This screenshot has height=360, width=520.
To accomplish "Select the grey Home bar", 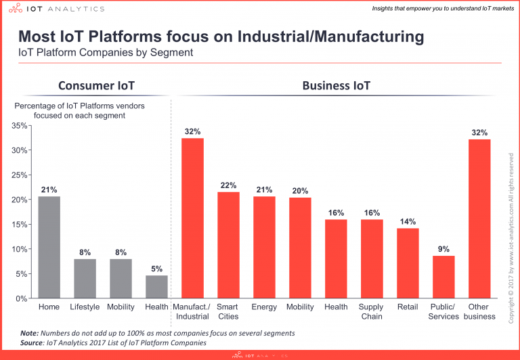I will [49, 247].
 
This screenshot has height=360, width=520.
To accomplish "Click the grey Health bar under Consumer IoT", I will [157, 286].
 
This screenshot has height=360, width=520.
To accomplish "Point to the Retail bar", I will [408, 263].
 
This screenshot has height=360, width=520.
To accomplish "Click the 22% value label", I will [228, 185].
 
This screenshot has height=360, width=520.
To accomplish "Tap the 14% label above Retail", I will [408, 221].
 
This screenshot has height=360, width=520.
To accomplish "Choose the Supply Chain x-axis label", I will [372, 311].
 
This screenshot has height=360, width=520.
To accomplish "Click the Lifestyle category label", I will [85, 307].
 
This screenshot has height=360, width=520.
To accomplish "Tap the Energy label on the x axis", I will [264, 307].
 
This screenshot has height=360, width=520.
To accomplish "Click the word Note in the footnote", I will [28, 334].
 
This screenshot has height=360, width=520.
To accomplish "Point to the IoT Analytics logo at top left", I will [54, 9].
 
